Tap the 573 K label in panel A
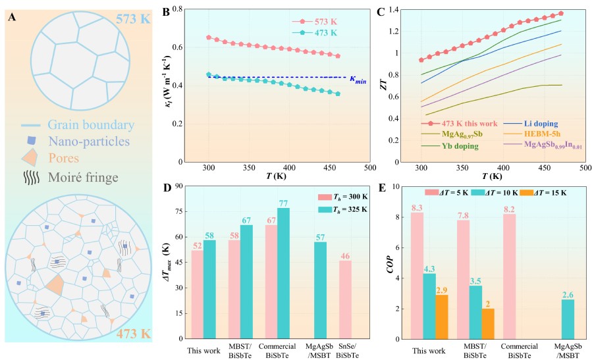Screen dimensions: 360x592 click(132, 18)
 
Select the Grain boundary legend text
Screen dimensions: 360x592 click(91, 124)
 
